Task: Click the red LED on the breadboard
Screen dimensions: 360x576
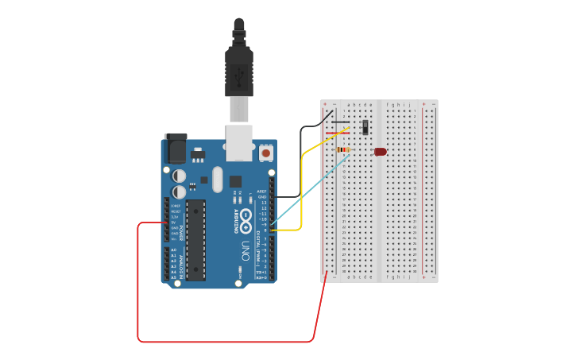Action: [x=381, y=151]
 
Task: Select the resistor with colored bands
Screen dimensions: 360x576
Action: [x=344, y=149]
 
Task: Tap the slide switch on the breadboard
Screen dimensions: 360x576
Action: [x=365, y=127]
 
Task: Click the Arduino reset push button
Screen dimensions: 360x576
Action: [x=265, y=152]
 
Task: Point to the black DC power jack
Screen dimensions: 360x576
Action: [x=175, y=148]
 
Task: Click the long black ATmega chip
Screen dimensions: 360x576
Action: [x=195, y=239]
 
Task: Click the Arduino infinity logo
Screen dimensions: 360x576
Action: [x=246, y=216]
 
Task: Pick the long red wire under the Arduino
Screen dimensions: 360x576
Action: [x=222, y=342]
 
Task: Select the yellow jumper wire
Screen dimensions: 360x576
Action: [x=301, y=191]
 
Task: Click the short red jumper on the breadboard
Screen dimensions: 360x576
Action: [x=337, y=133]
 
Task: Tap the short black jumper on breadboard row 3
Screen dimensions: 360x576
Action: [x=340, y=122]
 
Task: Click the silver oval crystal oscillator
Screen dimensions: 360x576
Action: [x=218, y=179]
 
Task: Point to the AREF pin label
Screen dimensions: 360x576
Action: [x=261, y=192]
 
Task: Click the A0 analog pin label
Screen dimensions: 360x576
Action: [x=173, y=250]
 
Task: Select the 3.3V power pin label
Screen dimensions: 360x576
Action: [x=175, y=216]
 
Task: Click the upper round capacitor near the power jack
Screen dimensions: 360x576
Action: [x=180, y=176]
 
